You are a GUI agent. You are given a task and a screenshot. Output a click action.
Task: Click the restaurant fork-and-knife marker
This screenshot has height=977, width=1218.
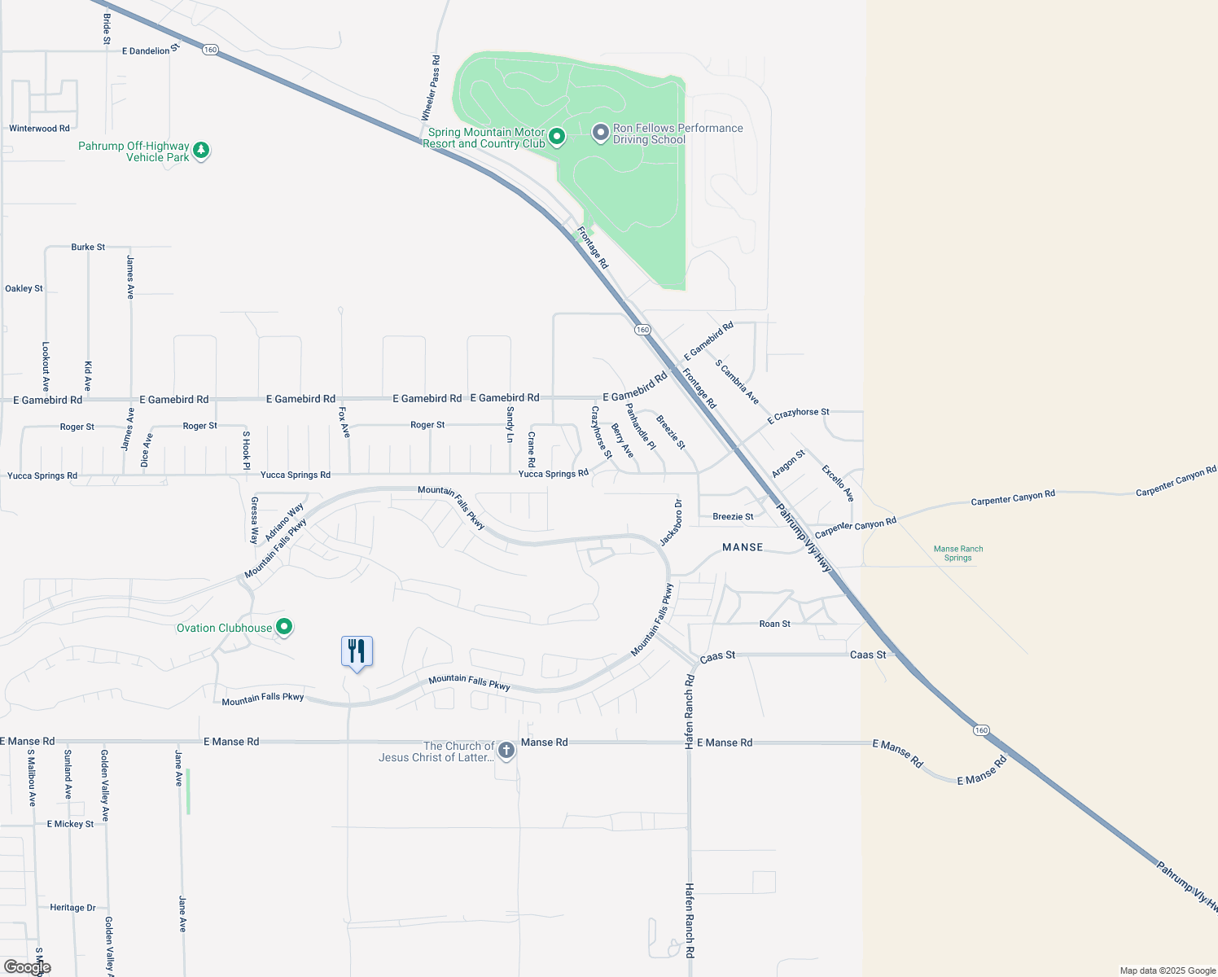(357, 652)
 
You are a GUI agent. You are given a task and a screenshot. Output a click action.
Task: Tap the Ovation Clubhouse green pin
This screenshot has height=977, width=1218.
(284, 627)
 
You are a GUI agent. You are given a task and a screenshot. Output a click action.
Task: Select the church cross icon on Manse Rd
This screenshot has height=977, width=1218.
(506, 750)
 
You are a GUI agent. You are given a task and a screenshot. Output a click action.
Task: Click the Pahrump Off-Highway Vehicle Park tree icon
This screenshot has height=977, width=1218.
(201, 150)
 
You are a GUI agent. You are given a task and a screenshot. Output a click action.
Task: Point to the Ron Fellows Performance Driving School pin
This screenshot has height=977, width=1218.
(600, 133)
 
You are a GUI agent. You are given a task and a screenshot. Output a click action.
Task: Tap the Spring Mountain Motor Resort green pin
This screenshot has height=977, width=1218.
(557, 137)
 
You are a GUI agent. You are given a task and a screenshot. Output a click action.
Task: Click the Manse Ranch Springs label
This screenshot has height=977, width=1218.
(958, 554)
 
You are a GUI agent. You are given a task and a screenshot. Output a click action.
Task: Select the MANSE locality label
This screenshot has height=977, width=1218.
(743, 547)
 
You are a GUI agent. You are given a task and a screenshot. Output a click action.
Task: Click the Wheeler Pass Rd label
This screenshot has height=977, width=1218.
(431, 88)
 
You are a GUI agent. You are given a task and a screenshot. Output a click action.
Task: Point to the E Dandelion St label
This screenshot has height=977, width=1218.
(146, 50)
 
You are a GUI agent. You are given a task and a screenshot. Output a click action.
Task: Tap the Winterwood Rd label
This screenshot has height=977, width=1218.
(39, 129)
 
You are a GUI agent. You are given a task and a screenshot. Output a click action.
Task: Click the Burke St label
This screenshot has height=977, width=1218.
(88, 247)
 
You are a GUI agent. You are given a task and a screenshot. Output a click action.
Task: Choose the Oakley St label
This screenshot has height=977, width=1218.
(24, 288)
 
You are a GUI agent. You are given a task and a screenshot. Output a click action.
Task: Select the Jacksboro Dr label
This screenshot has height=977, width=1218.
(671, 523)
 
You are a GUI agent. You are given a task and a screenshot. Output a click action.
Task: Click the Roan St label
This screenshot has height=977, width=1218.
(774, 624)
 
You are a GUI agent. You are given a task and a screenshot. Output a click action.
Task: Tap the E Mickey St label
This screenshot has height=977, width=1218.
(70, 824)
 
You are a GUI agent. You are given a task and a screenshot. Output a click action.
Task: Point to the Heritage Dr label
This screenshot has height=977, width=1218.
(72, 908)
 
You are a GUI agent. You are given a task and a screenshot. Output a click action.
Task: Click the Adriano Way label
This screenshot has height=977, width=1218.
(284, 522)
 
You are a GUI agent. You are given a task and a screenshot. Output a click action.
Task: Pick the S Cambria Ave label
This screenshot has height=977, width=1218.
(737, 382)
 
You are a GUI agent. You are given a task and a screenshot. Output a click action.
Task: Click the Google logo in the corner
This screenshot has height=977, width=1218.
(27, 966)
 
